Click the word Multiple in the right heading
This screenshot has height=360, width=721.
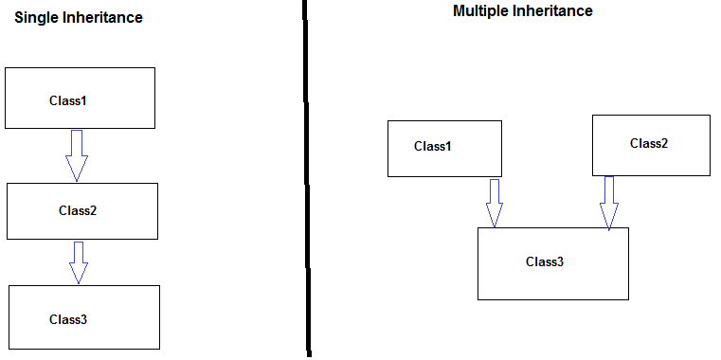(x=481, y=11)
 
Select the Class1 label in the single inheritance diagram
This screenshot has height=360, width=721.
(x=68, y=99)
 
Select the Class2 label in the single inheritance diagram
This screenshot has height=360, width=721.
(x=78, y=210)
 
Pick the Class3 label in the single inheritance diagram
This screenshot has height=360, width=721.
(x=68, y=319)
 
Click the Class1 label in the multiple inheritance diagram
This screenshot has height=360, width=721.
(x=433, y=146)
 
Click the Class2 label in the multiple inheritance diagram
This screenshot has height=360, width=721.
(x=649, y=143)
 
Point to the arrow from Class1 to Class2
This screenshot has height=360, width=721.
(x=77, y=154)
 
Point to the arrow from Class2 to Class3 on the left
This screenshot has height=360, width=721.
(x=79, y=261)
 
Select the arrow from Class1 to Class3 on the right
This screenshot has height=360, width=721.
(x=494, y=202)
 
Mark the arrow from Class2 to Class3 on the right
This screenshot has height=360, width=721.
(x=608, y=202)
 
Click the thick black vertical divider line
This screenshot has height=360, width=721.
(x=306, y=180)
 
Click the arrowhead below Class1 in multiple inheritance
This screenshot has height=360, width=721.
(x=494, y=217)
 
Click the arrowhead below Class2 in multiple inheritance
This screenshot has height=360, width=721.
(x=608, y=218)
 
